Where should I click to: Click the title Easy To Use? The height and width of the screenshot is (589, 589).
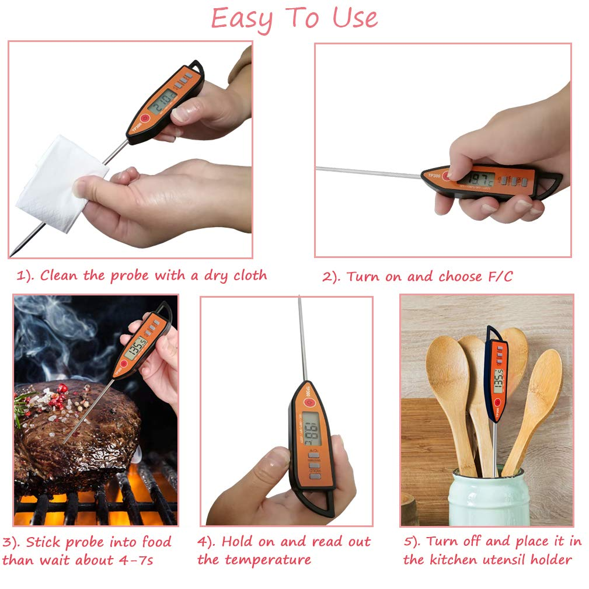[x=294, y=19]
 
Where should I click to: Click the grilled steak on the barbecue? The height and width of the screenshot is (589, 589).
[x=76, y=432]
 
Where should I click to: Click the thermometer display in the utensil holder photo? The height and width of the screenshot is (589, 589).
[x=499, y=381]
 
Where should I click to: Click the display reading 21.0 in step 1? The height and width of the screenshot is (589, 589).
[x=163, y=101]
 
